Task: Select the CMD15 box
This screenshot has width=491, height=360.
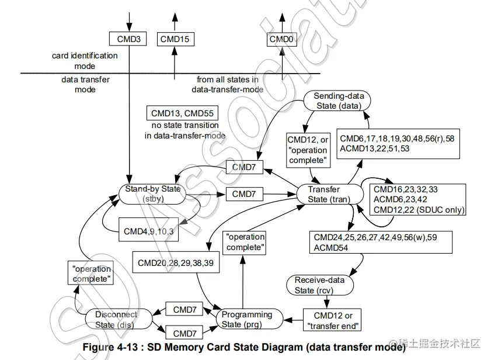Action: [x=176, y=39]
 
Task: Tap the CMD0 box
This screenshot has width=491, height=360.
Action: [x=282, y=39]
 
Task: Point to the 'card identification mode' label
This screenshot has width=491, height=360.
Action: [x=84, y=61]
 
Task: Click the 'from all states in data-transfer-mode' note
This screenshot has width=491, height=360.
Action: [x=228, y=84]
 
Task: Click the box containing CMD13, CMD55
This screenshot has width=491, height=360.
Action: [x=181, y=114]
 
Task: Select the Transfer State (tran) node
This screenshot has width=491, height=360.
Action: [x=325, y=194]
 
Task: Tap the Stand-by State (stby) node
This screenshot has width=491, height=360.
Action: [x=153, y=193]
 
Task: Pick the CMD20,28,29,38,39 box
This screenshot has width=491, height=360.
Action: [x=175, y=263]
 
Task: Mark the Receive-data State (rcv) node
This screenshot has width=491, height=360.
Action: [x=319, y=285]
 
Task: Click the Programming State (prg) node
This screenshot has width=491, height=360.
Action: [x=246, y=319]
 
